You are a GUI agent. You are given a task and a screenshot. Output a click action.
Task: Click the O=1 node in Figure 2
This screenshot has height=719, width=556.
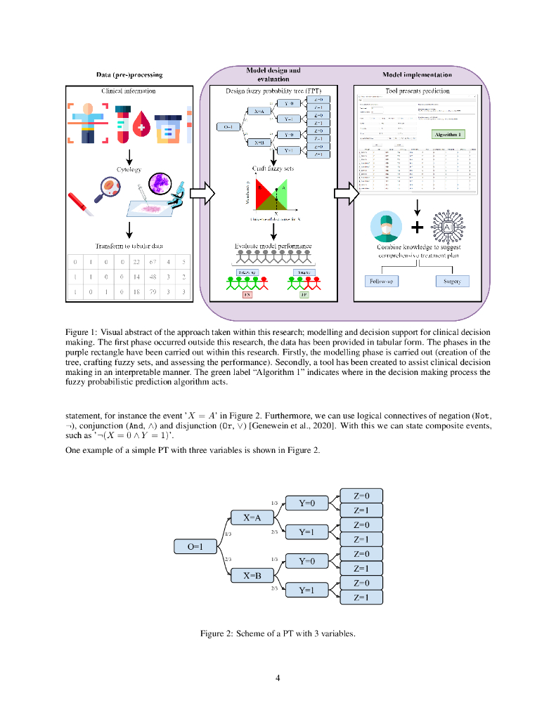193,546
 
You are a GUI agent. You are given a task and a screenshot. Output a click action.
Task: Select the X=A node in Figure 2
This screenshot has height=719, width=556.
252,518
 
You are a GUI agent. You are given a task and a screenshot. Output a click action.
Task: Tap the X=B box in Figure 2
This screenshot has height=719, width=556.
252,575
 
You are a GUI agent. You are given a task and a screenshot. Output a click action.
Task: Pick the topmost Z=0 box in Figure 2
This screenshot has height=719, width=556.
361,496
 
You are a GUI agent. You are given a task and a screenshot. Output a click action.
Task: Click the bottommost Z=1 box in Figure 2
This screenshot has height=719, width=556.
361,598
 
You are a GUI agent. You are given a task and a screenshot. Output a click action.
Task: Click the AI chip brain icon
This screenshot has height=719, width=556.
447,227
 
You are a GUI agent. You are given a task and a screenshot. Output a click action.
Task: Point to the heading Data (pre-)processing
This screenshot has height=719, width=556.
129,74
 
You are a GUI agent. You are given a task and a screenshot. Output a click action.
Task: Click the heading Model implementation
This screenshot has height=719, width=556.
417,74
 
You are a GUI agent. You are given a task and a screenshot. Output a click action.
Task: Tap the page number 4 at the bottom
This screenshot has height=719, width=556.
278,678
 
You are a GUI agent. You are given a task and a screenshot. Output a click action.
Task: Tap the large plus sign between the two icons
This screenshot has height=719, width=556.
418,227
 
